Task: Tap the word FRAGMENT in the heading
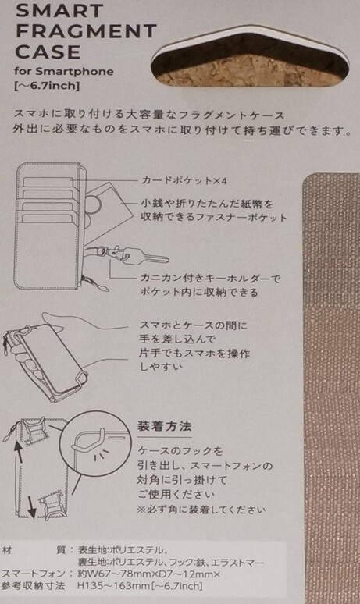(87, 30)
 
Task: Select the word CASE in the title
(48, 52)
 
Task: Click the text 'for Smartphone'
(64, 72)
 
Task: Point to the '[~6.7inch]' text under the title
(47, 86)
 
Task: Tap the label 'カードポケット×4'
(184, 180)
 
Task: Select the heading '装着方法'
(165, 427)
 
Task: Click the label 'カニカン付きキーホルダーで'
(210, 278)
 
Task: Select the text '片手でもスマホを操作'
(194, 354)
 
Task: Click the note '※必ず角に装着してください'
(201, 510)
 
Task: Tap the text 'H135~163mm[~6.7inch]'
(140, 586)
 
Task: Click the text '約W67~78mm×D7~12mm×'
(149, 574)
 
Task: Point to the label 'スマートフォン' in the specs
(33, 574)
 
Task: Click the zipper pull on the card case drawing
(103, 287)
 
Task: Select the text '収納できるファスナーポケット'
(213, 217)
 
